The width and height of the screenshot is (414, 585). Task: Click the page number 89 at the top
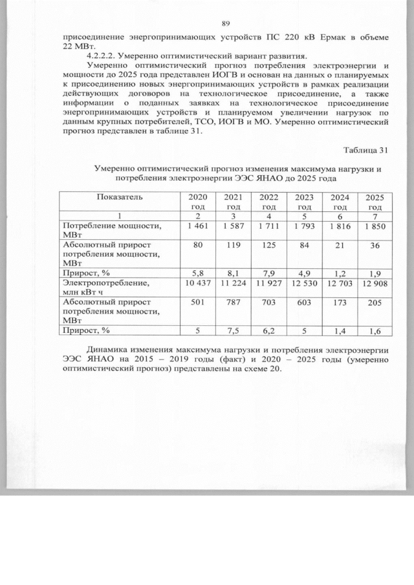click(x=226, y=24)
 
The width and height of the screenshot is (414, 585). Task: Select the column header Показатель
click(x=120, y=197)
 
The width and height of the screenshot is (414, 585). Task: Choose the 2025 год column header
click(x=375, y=202)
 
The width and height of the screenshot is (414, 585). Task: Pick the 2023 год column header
click(x=303, y=202)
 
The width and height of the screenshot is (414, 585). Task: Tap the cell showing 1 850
click(x=375, y=226)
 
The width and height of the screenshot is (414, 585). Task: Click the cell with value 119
click(x=233, y=246)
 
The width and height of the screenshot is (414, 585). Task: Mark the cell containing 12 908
click(x=375, y=282)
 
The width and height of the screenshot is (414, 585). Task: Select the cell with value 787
click(x=233, y=302)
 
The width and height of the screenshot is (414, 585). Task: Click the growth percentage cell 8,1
click(x=233, y=273)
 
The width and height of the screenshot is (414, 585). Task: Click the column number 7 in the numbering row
click(x=375, y=215)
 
